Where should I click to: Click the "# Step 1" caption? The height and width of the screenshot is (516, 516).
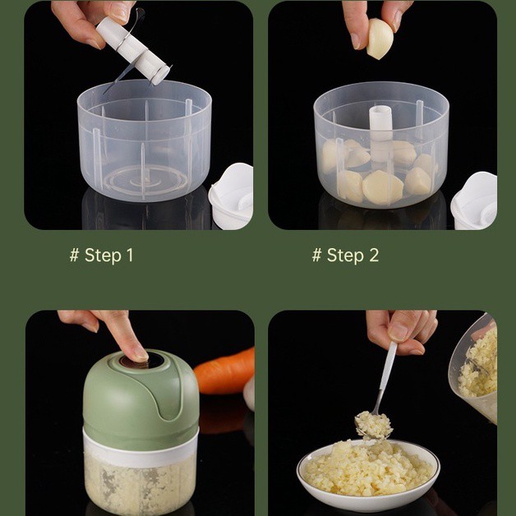101,255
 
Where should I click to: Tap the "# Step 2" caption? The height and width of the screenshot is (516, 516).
346,255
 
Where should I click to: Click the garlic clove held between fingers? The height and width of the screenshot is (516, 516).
380,39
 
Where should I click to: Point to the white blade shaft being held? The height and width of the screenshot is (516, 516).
133,50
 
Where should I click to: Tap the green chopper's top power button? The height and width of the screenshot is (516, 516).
142,361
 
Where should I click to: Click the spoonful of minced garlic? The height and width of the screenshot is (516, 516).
374,425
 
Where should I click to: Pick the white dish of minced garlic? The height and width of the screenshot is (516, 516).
368,473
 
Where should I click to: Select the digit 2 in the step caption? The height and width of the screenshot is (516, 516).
374,255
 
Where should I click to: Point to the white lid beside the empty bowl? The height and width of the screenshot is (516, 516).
232,196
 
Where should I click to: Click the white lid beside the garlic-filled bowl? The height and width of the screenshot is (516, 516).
475,200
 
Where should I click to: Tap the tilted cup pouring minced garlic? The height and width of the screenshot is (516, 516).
474,369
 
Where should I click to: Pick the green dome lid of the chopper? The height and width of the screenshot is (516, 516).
141,395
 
